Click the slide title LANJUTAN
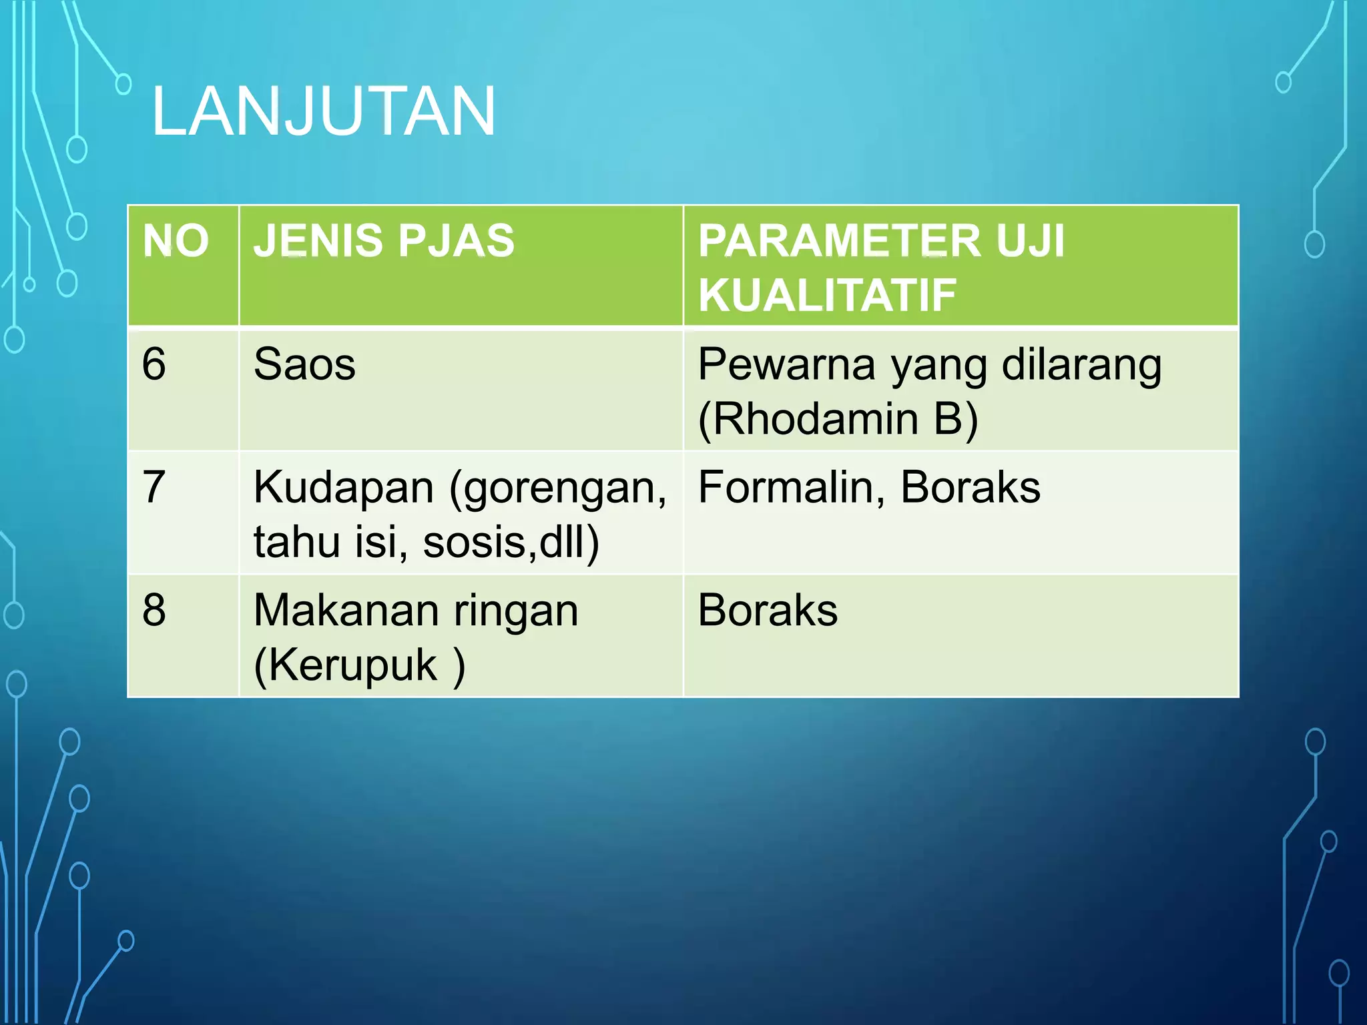click(x=324, y=111)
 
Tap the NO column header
click(x=176, y=241)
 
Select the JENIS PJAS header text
click(x=384, y=241)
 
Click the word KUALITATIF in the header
click(x=827, y=296)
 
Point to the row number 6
click(x=154, y=364)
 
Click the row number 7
click(x=154, y=487)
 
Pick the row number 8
click(x=154, y=610)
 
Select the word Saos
click(x=304, y=365)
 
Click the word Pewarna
click(x=786, y=365)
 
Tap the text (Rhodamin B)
click(x=838, y=419)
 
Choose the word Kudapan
click(x=344, y=488)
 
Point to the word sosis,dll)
click(x=511, y=542)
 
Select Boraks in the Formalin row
click(x=970, y=487)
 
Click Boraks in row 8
click(x=768, y=610)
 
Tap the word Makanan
click(x=344, y=611)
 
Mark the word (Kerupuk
click(x=346, y=665)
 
